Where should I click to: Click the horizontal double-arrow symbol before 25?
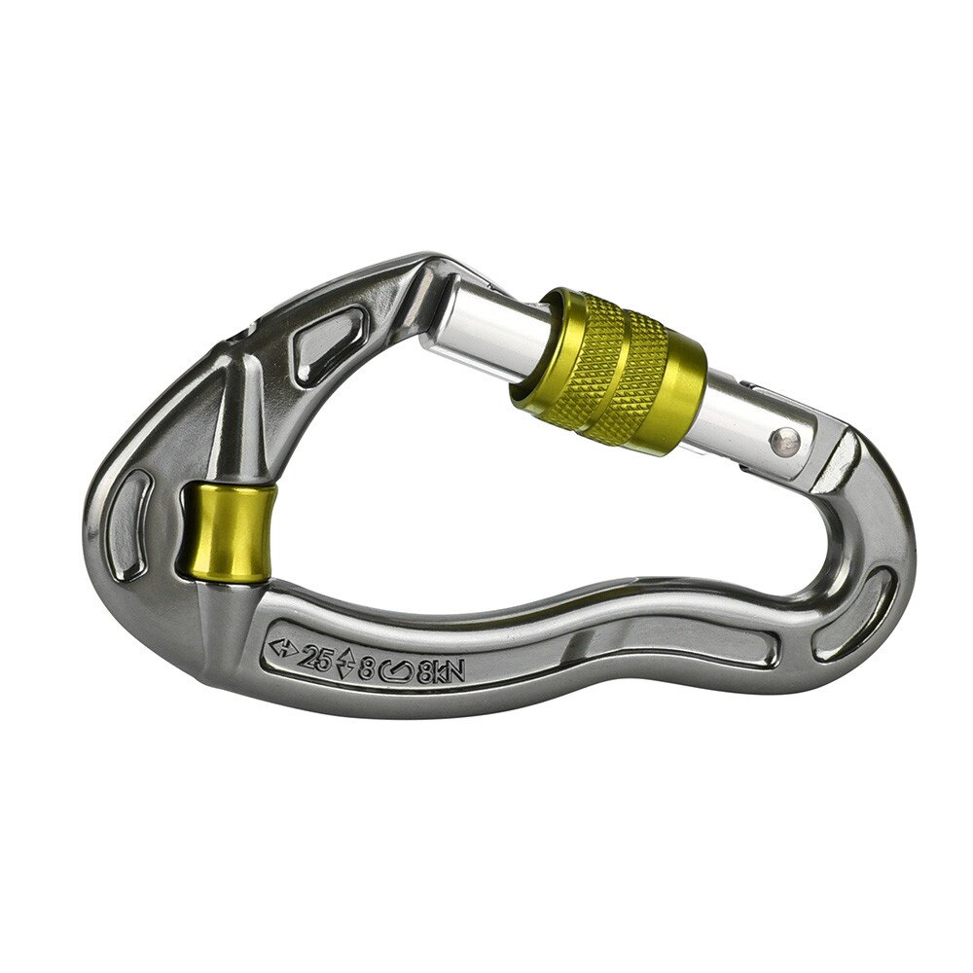click(x=283, y=651)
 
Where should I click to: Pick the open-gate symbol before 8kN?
click(x=400, y=669)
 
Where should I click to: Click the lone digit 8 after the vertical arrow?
click(x=368, y=667)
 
